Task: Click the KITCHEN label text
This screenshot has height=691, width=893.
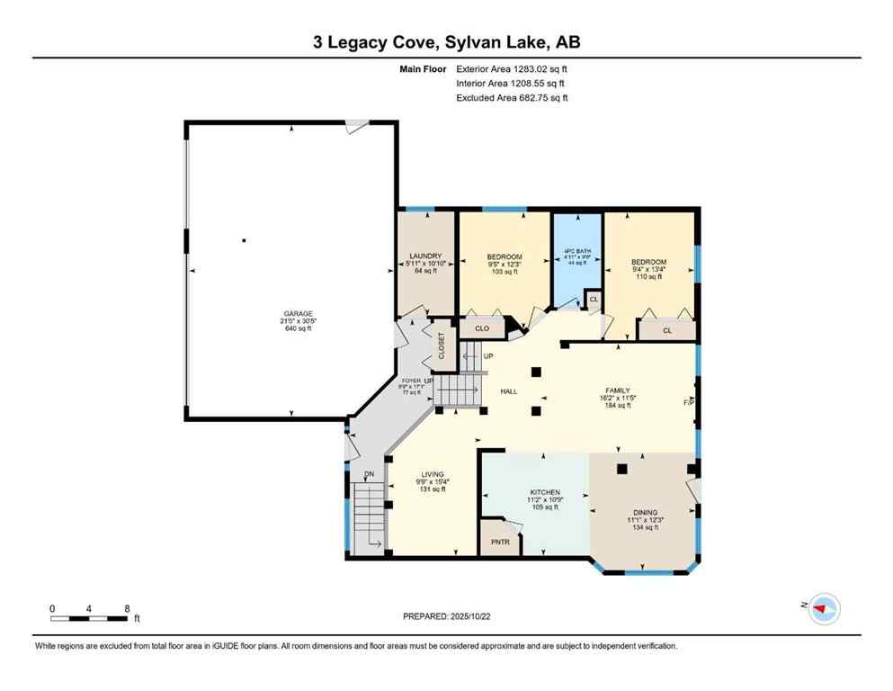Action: click(545, 492)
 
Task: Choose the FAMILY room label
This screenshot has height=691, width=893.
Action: click(617, 390)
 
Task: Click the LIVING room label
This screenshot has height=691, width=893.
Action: click(434, 474)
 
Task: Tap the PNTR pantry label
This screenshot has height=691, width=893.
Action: click(501, 543)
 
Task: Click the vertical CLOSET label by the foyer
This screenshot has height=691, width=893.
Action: click(442, 345)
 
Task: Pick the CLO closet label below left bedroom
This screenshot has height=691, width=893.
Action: click(482, 328)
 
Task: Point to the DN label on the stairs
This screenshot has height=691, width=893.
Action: click(369, 474)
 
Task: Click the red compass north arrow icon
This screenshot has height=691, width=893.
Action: click(822, 609)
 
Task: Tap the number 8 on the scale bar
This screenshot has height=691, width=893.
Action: click(127, 608)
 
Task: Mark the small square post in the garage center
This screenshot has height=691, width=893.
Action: click(244, 240)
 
